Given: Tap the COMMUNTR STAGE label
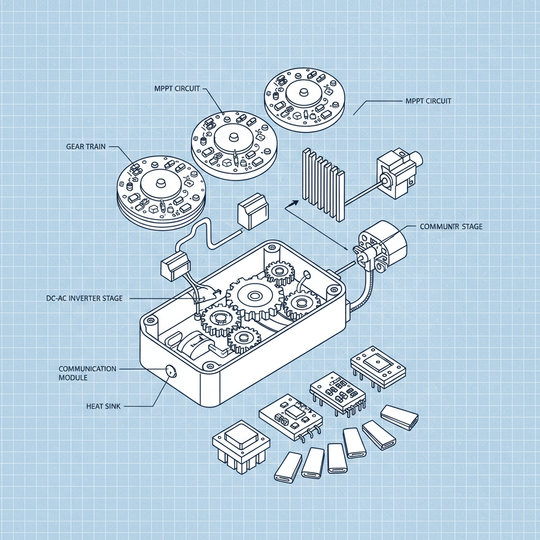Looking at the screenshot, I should pos(451,227).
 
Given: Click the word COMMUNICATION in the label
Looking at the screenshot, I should pos(88,369).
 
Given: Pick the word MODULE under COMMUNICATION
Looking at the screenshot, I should pos(73,378).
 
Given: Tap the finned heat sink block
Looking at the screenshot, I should pos(322,182).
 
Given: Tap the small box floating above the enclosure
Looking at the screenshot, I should pos(253,210).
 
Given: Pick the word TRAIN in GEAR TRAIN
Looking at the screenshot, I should pos(95,147).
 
